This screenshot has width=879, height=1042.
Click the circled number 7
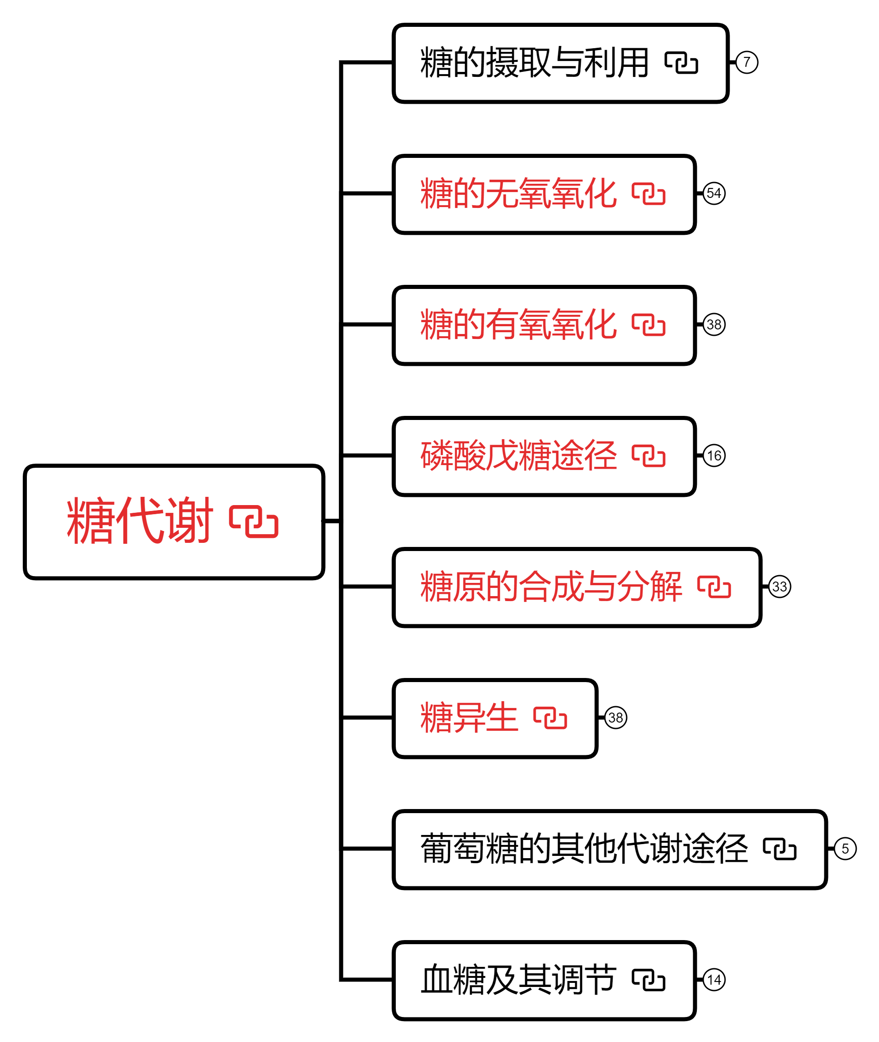pyautogui.click(x=746, y=62)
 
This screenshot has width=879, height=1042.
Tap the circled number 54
pyautogui.click(x=714, y=193)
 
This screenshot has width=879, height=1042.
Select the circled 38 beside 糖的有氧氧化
pyautogui.click(x=714, y=324)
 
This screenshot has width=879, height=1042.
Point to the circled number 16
pyautogui.click(x=714, y=455)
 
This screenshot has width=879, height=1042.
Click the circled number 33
pyautogui.click(x=779, y=587)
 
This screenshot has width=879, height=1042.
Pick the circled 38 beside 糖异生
pyautogui.click(x=615, y=718)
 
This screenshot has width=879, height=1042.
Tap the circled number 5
pyautogui.click(x=845, y=848)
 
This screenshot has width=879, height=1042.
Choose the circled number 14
pyautogui.click(x=714, y=980)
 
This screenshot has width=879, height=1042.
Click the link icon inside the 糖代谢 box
pyautogui.click(x=254, y=522)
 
